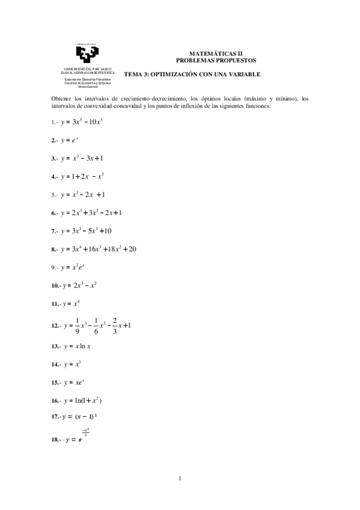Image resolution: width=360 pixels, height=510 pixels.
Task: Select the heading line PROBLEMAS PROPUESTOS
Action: [x=215, y=60]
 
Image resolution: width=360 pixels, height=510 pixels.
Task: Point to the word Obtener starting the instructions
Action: [x=63, y=99]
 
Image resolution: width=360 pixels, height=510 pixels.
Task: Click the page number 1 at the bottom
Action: [x=180, y=479]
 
